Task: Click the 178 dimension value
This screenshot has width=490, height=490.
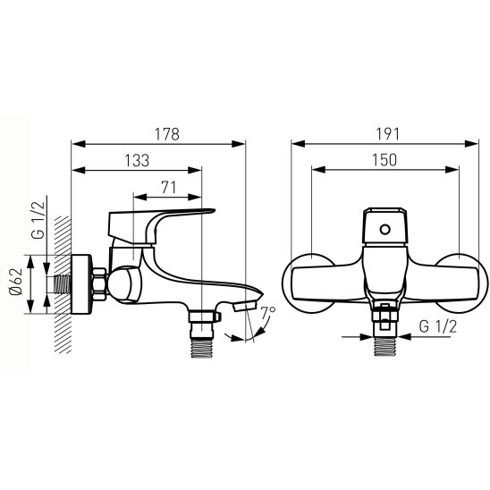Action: [167, 134]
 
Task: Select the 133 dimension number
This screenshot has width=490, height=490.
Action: [137, 161]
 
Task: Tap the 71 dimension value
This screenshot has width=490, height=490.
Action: [169, 188]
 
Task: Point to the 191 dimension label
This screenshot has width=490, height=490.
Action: [387, 134]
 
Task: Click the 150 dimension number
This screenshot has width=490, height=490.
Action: [384, 160]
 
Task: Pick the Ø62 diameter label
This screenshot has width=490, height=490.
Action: [16, 282]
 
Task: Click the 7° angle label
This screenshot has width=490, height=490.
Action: [268, 312]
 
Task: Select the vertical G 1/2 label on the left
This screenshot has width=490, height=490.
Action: [38, 220]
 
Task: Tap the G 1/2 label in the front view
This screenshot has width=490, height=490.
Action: [438, 326]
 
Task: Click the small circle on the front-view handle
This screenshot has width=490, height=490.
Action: [385, 230]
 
